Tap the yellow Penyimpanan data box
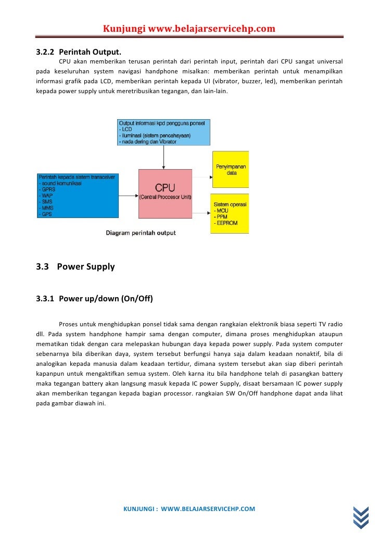point(230,169)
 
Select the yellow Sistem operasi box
point(230,213)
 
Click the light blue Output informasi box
point(163,132)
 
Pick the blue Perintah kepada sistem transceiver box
point(78,195)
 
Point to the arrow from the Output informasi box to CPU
point(164,157)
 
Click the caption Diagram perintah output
point(141,233)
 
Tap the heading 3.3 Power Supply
point(75,267)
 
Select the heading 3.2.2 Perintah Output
point(79,53)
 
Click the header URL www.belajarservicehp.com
point(211,28)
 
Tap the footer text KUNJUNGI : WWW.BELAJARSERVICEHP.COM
point(188,508)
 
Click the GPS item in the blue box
point(47,214)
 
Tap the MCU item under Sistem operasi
point(222,210)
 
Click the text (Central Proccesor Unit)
point(165,197)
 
